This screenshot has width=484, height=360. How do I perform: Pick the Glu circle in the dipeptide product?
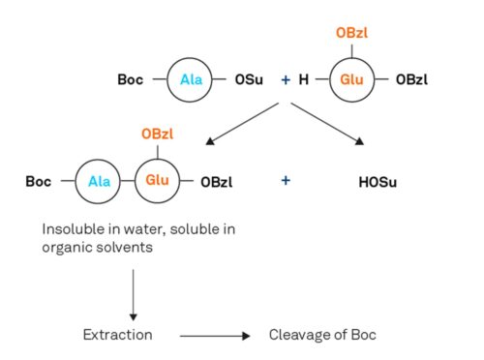click(157, 180)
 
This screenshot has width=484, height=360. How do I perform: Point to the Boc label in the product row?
click(39, 180)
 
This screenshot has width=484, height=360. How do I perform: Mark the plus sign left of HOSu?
click(286, 180)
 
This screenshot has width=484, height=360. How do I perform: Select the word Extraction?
click(116, 335)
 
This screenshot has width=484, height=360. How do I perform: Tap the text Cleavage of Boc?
click(321, 335)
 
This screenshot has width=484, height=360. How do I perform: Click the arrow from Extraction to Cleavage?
click(215, 336)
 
